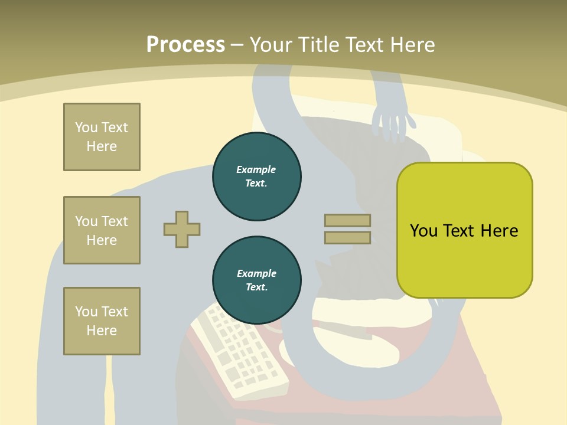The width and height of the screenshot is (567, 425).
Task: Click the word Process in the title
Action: coord(185,45)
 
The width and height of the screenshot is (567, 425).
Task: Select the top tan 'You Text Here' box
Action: coord(102,137)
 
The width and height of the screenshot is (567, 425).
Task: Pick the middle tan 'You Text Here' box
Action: coord(102,230)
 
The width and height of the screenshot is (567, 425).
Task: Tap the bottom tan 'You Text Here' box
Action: coord(102,321)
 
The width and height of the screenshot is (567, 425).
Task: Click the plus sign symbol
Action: coord(182,229)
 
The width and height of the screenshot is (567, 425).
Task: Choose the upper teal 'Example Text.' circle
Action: coord(257,176)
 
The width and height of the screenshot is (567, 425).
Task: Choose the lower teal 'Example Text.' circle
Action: coord(257,280)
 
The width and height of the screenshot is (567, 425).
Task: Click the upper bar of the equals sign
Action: coord(347,220)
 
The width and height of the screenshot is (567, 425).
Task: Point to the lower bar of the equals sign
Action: coord(347,238)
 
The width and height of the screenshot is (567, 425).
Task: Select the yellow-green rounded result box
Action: coord(464,230)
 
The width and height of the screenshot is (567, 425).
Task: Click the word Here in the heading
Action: coord(412,45)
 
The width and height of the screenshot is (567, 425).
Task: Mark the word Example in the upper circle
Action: coord(256,169)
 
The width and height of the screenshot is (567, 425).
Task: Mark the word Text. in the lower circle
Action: coord(257,287)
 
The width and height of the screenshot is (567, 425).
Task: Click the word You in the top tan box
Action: coord(86,127)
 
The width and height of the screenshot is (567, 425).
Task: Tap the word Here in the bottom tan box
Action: coord(102,331)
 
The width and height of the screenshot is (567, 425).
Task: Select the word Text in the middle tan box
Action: coord(115,221)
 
